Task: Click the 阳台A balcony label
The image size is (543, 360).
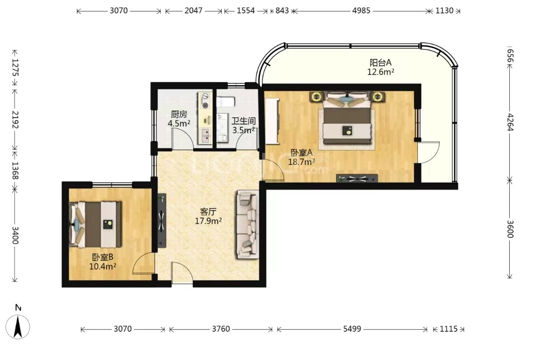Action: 380,63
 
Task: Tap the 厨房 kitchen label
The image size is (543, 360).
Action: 179,114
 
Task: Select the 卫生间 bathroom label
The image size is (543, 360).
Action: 243,121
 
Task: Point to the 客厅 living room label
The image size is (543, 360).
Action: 208,212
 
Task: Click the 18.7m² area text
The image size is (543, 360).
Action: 302,161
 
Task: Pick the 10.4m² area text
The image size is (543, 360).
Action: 103,266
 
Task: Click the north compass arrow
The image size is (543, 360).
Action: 18,327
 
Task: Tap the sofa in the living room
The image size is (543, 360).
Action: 247,224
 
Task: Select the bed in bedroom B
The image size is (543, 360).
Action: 96,224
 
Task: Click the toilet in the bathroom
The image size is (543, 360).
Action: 226,102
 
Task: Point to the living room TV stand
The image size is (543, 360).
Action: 162,220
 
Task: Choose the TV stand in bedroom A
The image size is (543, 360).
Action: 357,178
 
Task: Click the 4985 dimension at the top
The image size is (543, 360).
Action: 361,11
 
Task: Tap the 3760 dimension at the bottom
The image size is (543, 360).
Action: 221,329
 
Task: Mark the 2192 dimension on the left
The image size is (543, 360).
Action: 15,120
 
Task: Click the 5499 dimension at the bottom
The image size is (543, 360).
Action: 352,329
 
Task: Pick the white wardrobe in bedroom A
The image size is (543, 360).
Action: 272,121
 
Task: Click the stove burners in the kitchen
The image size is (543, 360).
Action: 205,101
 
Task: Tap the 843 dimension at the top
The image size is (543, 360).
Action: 282,11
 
